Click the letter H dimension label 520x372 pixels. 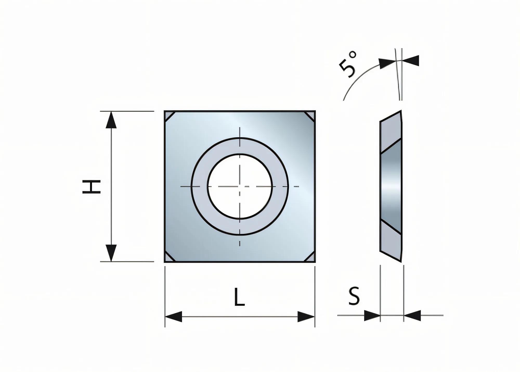[91, 186]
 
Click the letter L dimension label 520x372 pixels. [239, 297]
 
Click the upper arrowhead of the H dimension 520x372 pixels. [111, 120]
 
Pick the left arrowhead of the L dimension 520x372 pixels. [173, 317]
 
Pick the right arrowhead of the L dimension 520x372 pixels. [306, 317]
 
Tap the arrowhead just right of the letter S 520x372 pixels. [372, 316]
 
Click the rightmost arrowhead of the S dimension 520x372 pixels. [412, 316]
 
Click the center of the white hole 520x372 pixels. [240, 186]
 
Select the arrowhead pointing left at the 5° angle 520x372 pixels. [411, 61]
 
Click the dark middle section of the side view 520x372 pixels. [391, 186]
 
